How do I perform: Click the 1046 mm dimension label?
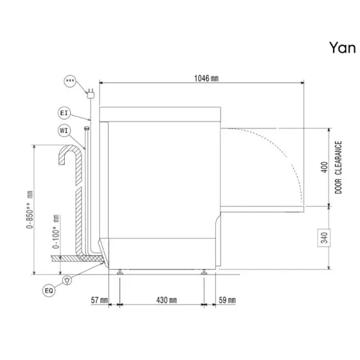[206, 78]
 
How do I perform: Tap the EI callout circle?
[64, 113]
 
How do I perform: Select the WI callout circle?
[64, 131]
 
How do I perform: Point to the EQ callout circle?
[49, 290]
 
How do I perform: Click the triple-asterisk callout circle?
[70, 81]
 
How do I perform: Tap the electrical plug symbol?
[91, 94]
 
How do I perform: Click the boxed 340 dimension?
[324, 238]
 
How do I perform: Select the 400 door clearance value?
[324, 167]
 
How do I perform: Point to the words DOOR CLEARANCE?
[338, 167]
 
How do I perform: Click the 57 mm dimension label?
[99, 300]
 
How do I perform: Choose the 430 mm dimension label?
[166, 300]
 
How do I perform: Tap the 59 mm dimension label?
[227, 300]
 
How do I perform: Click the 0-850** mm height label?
[29, 209]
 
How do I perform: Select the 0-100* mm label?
[56, 232]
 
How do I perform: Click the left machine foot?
[120, 272]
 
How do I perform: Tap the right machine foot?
[204, 272]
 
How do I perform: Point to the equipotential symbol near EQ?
[67, 280]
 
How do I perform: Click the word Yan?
[343, 48]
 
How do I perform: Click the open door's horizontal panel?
[262, 209]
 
